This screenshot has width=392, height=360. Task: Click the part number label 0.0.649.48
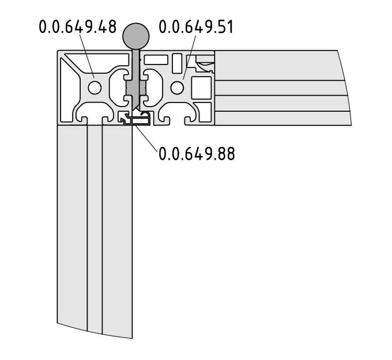point(78,27)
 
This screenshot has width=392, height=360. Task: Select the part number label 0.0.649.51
point(196,27)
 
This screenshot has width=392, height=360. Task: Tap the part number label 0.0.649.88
point(197,153)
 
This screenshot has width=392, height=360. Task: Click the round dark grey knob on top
point(135,36)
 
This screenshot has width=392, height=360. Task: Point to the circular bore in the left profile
point(95,88)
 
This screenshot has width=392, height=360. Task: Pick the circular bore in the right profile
point(177,88)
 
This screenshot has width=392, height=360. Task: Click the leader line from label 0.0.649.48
point(86,56)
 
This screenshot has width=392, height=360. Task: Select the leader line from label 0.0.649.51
point(190,57)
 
